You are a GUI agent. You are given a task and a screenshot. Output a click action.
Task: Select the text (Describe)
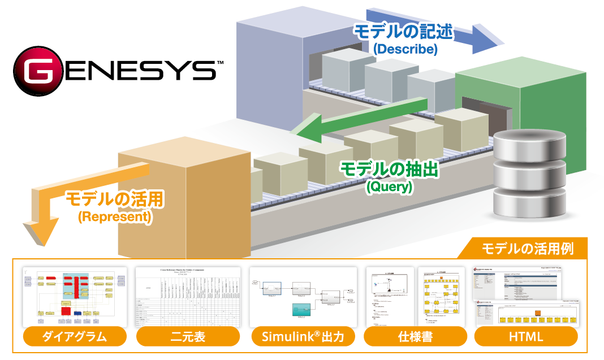click(405, 49)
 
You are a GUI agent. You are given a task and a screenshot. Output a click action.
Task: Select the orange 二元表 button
click(188, 337)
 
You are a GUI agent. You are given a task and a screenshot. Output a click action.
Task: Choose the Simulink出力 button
click(303, 337)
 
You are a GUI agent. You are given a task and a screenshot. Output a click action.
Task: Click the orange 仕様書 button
click(415, 337)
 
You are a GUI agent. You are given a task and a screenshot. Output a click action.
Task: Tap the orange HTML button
click(526, 337)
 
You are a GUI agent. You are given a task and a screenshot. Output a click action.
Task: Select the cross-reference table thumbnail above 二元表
click(188, 297)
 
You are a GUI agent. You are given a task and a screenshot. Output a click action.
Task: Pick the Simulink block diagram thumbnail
click(303, 297)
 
